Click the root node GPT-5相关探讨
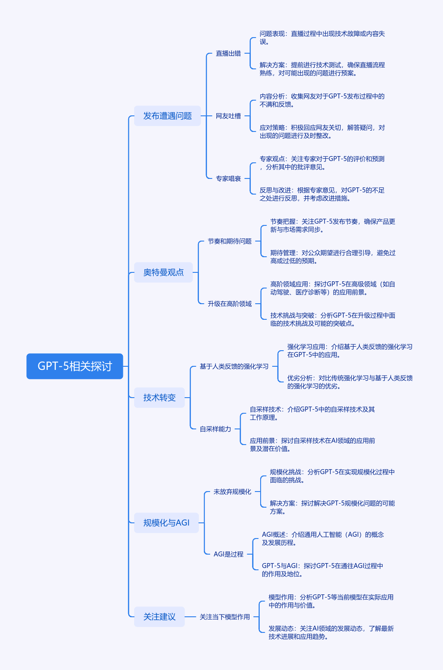pyautogui.click(x=75, y=366)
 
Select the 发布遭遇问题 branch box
pyautogui.click(x=167, y=116)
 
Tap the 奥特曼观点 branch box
pyautogui.click(x=163, y=272)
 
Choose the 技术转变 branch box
pyautogui.click(x=159, y=398)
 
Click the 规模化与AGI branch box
pyautogui.click(x=166, y=523)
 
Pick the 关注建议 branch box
pyautogui.click(x=159, y=617)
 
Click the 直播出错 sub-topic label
pyautogui.click(x=228, y=53)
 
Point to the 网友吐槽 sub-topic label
pyautogui.click(x=228, y=116)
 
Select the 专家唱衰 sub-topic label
pyautogui.click(x=228, y=178)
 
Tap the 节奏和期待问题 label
pyautogui.click(x=230, y=241)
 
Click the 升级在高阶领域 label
pyautogui.click(x=230, y=304)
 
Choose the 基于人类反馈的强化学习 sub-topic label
pyautogui.click(x=234, y=366)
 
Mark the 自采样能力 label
pyautogui.click(x=215, y=429)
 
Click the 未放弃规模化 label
pyautogui.click(x=232, y=492)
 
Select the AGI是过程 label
pyautogui.click(x=228, y=554)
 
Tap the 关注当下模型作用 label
pyautogui.click(x=225, y=617)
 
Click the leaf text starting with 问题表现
pyautogui.click(x=322, y=38)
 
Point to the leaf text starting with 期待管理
pyautogui.click(x=333, y=257)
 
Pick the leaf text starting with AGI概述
pyautogui.click(x=323, y=539)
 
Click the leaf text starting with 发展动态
pyautogui.click(x=331, y=632)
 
